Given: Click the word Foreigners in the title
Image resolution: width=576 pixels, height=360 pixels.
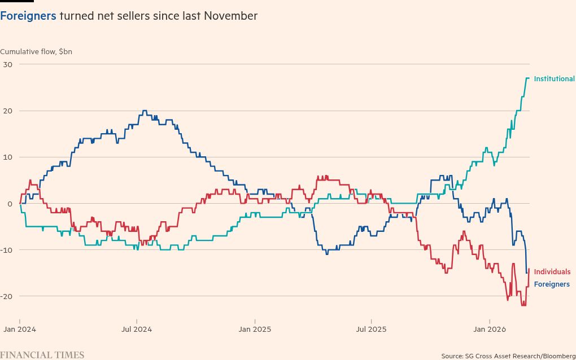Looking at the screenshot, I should click(x=28, y=16).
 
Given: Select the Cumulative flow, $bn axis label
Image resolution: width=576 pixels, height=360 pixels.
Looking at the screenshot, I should click(x=36, y=52).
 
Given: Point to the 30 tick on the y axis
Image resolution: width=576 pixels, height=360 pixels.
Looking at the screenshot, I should click(x=8, y=64).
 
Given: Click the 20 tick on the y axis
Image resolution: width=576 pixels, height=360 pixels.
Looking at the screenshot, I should click(x=8, y=111).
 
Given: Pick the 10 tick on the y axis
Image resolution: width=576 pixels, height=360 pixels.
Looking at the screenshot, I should click(x=8, y=157).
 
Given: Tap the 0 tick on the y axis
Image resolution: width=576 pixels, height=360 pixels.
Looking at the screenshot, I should click(x=10, y=203).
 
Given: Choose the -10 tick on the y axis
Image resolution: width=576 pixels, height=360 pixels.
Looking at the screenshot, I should click(x=7, y=250).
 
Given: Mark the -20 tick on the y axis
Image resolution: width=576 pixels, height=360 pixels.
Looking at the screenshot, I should click(x=7, y=296).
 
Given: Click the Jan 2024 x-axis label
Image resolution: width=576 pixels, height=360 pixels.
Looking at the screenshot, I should click(x=20, y=328).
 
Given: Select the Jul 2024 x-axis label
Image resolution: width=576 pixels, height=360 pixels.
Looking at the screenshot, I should click(x=137, y=328).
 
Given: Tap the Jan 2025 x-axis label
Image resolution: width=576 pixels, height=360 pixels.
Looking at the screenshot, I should click(x=255, y=328).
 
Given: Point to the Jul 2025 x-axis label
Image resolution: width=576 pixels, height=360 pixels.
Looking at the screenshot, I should click(x=372, y=328).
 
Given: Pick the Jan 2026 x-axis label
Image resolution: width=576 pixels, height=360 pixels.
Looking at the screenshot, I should click(x=489, y=328).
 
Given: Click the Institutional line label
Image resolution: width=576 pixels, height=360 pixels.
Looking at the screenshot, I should click(x=554, y=78).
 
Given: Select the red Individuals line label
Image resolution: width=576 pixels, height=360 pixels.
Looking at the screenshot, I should click(x=552, y=272).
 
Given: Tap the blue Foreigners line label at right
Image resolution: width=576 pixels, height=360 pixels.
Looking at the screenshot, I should click(x=552, y=284).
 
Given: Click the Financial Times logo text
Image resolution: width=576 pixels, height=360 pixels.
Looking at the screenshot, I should click(x=42, y=355).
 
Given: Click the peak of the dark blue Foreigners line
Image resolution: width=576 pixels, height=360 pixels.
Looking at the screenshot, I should click(x=145, y=111).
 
